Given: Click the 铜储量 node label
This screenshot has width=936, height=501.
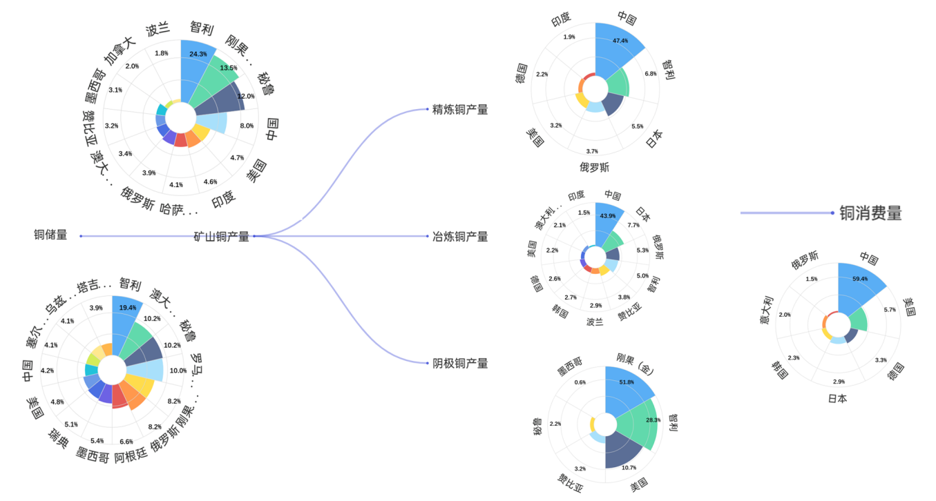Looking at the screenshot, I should (x=51, y=235).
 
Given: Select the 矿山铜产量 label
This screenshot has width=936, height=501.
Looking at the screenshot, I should (x=221, y=237).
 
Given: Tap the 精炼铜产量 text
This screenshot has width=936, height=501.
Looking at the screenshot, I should (x=460, y=109).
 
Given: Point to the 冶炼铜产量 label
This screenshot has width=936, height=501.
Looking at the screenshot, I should (x=460, y=237).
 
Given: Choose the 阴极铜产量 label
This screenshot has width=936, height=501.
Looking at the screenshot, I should (x=460, y=363).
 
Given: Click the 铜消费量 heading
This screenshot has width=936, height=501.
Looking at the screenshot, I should (x=870, y=213).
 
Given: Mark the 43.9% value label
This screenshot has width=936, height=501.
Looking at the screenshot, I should (x=608, y=216).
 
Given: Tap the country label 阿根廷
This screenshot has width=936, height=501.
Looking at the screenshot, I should (x=131, y=456).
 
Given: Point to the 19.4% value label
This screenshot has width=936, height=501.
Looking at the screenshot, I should (x=127, y=308).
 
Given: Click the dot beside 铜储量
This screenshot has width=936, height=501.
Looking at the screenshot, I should (x=81, y=237).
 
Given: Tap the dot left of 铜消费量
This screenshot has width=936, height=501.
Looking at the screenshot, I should (x=832, y=213).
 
